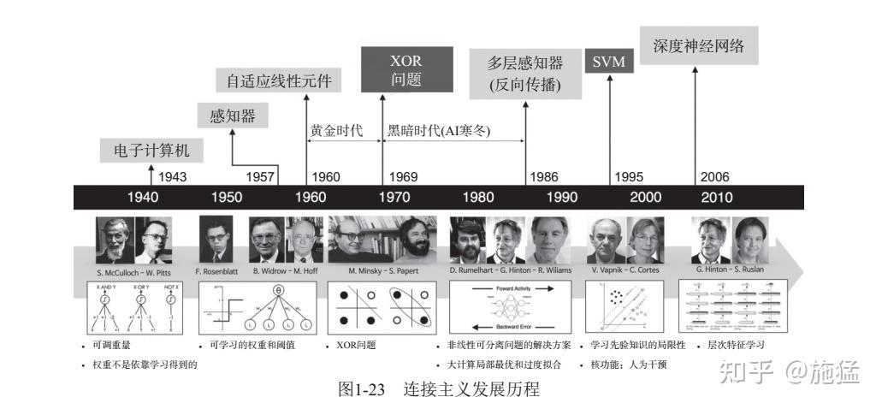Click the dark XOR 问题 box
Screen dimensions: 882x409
[x=406, y=70]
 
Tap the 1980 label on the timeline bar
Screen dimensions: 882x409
[x=478, y=197]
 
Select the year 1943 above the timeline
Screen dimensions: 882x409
[x=172, y=177]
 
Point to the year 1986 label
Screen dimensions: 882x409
[x=544, y=177]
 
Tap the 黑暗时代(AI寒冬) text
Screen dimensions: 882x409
[x=444, y=131]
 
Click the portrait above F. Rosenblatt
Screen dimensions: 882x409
[x=216, y=240]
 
